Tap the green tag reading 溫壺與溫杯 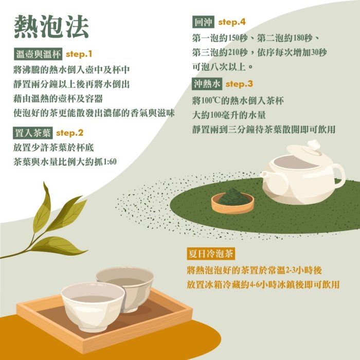click(39, 54)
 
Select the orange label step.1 click(79, 53)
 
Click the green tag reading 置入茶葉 click(32, 133)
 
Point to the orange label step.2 click(69, 133)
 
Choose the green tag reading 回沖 click(202, 22)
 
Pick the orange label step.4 click(232, 22)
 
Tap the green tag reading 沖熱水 click(206, 84)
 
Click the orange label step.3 click(240, 84)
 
